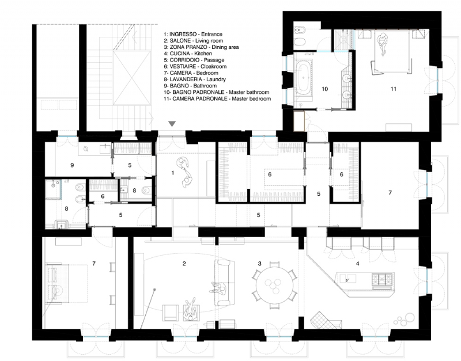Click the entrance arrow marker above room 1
click(172, 124)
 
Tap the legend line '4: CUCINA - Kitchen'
click(188, 54)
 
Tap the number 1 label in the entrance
click(172, 172)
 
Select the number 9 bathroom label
click(71, 165)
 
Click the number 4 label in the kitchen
click(358, 264)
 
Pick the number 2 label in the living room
click(184, 264)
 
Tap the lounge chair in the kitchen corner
click(319, 318)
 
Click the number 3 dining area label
click(260, 264)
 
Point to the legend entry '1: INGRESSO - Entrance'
click(193, 35)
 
